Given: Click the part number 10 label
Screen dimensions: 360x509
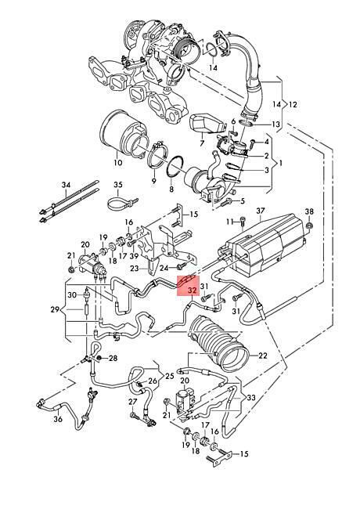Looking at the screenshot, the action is point(118,162).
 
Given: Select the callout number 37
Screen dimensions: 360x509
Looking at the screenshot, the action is point(260,211).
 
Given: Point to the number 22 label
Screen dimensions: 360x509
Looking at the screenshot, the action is point(263,356).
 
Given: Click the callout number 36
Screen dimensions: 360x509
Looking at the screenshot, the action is point(58,419).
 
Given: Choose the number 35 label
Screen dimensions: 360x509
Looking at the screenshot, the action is point(118,185).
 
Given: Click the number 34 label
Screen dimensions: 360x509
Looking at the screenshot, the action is point(66,185).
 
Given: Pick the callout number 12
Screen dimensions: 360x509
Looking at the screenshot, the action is point(293,104).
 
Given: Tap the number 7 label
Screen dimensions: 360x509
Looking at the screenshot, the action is point(202,143).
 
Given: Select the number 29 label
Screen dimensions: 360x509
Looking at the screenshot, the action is point(55,309).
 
